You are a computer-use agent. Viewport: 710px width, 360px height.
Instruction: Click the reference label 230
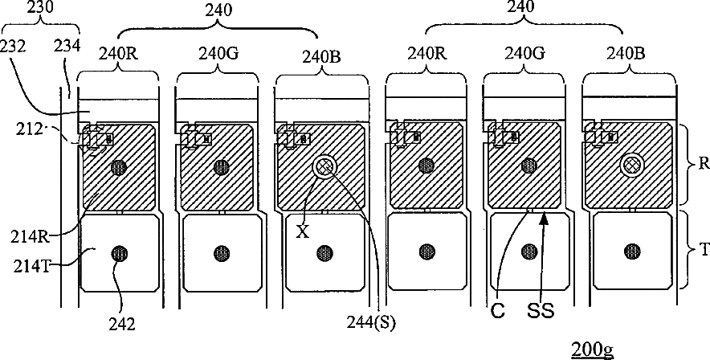coord(41,8)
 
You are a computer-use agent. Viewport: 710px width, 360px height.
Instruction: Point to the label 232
coord(14,45)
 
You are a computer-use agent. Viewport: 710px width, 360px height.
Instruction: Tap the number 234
coord(67,45)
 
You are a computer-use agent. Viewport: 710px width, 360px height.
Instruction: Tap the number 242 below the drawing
coord(123,324)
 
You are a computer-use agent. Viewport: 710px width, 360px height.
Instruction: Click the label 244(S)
coord(371,322)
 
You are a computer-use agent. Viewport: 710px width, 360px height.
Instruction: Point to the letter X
coord(303,232)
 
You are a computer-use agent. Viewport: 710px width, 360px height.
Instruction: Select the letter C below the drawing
coord(497,312)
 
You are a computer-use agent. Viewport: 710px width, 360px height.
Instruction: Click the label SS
coord(541,312)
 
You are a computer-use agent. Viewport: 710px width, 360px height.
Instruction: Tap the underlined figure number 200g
coord(592,350)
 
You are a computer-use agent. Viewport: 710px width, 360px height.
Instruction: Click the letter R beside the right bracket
coord(704,163)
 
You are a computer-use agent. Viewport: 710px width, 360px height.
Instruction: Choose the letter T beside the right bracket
coord(704,248)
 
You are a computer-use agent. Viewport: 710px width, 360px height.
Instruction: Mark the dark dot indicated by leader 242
coord(119,253)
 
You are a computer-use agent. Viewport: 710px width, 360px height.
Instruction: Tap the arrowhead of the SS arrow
coord(544,219)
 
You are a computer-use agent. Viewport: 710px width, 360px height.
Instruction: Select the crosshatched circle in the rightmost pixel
coord(630,166)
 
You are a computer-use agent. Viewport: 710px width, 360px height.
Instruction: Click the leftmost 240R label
coord(119,54)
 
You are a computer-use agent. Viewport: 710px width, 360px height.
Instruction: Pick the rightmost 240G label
coord(525,54)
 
